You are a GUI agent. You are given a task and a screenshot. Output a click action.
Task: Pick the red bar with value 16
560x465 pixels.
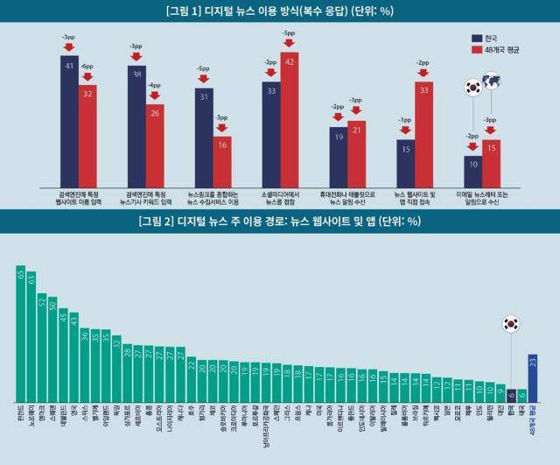coord(221,157)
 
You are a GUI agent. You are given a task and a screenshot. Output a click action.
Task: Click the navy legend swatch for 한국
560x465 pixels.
coord(479,39)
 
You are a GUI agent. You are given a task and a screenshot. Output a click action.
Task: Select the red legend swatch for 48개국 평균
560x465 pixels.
coord(479,52)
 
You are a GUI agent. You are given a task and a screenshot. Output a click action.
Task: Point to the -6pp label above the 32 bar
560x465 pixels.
coord(87,67)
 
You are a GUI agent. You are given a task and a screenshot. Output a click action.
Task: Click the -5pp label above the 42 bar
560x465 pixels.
coord(289,33)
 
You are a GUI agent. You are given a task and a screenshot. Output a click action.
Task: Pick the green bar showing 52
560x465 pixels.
coord(42,345)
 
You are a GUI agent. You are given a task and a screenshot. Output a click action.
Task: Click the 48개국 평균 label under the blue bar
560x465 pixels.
coord(533,419)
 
